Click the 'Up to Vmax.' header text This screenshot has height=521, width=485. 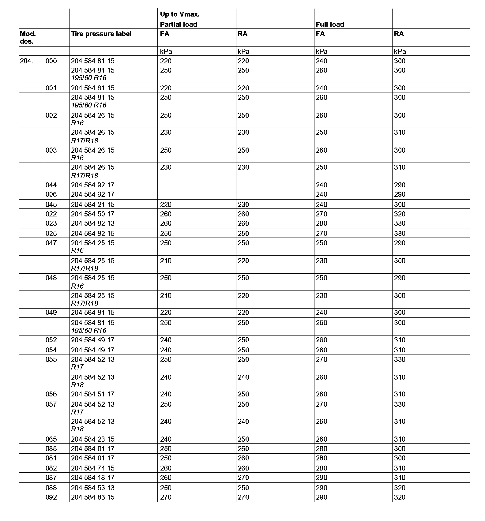[180, 14]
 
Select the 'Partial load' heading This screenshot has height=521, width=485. [179, 24]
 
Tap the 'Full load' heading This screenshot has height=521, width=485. [330, 24]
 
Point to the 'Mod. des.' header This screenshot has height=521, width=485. [28, 37]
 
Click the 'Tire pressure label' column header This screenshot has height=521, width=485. [101, 34]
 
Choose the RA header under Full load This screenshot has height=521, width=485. [399, 34]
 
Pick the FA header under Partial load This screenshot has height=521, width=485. [164, 34]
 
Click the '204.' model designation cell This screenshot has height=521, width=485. [26, 61]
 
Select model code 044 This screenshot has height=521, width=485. [51, 185]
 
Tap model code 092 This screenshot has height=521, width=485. [51, 497]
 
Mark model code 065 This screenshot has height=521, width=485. [51, 439]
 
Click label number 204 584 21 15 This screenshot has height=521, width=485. [93, 204]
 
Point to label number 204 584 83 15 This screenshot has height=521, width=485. [93, 497]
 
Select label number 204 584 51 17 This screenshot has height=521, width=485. [93, 394]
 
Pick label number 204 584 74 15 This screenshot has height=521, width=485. [93, 468]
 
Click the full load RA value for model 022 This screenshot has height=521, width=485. [400, 214]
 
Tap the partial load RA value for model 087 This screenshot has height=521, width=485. [243, 478]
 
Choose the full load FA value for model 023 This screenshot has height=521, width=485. [321, 223]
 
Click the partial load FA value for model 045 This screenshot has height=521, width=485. [166, 204]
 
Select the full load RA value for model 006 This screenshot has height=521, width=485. [400, 194]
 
